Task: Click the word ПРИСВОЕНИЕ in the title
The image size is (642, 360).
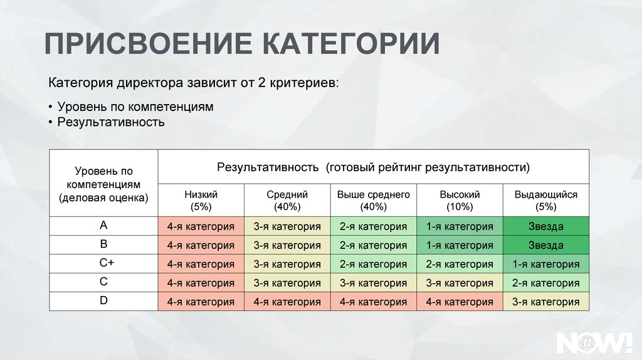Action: tap(149, 43)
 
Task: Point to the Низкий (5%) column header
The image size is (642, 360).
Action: tap(201, 200)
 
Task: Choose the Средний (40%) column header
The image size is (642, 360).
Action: tap(287, 200)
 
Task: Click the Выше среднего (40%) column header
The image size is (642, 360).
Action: tap(374, 200)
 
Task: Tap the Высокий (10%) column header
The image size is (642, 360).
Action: tap(460, 200)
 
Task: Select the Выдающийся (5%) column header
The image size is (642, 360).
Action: tap(546, 200)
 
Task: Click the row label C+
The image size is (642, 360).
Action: tap(107, 263)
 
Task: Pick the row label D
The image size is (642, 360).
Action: tap(103, 300)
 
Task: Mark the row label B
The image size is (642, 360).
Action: tap(103, 244)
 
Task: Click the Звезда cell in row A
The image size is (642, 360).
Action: tap(546, 226)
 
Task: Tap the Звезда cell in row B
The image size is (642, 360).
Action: tap(546, 245)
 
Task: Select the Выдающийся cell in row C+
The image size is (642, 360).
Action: tap(546, 264)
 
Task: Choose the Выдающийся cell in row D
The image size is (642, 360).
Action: tap(546, 302)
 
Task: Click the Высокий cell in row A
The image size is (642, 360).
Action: tap(460, 226)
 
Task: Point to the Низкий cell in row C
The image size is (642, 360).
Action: tap(201, 283)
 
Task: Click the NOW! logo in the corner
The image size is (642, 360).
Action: tap(594, 342)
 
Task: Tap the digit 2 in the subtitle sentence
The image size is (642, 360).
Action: tap(261, 83)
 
